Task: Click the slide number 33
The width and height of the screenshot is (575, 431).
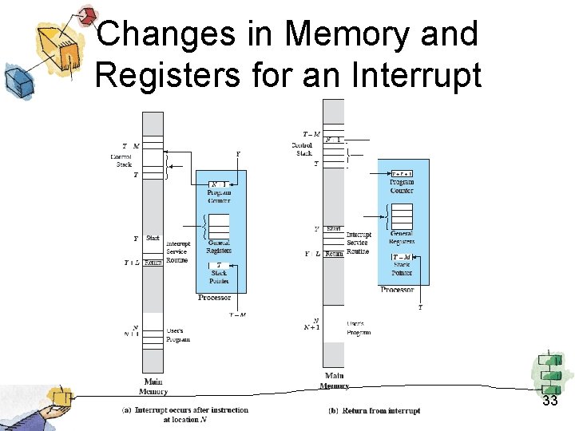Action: click(x=549, y=401)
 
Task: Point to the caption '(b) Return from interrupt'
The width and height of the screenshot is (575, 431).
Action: click(x=375, y=411)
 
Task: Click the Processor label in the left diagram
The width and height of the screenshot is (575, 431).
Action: click(x=214, y=298)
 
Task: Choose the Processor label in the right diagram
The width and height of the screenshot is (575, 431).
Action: click(x=397, y=290)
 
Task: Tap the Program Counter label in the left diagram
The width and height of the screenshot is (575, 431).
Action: click(x=219, y=196)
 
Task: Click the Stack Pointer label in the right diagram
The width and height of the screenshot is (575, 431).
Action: click(x=402, y=269)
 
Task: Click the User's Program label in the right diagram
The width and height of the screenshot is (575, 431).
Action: click(x=359, y=328)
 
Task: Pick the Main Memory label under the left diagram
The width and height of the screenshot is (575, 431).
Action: click(x=153, y=387)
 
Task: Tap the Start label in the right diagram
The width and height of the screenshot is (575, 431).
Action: click(x=334, y=229)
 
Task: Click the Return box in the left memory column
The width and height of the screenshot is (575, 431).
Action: click(x=153, y=263)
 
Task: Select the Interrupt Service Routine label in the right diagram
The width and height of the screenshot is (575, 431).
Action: click(x=359, y=243)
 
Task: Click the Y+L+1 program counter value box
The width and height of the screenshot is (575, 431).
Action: click(x=402, y=173)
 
